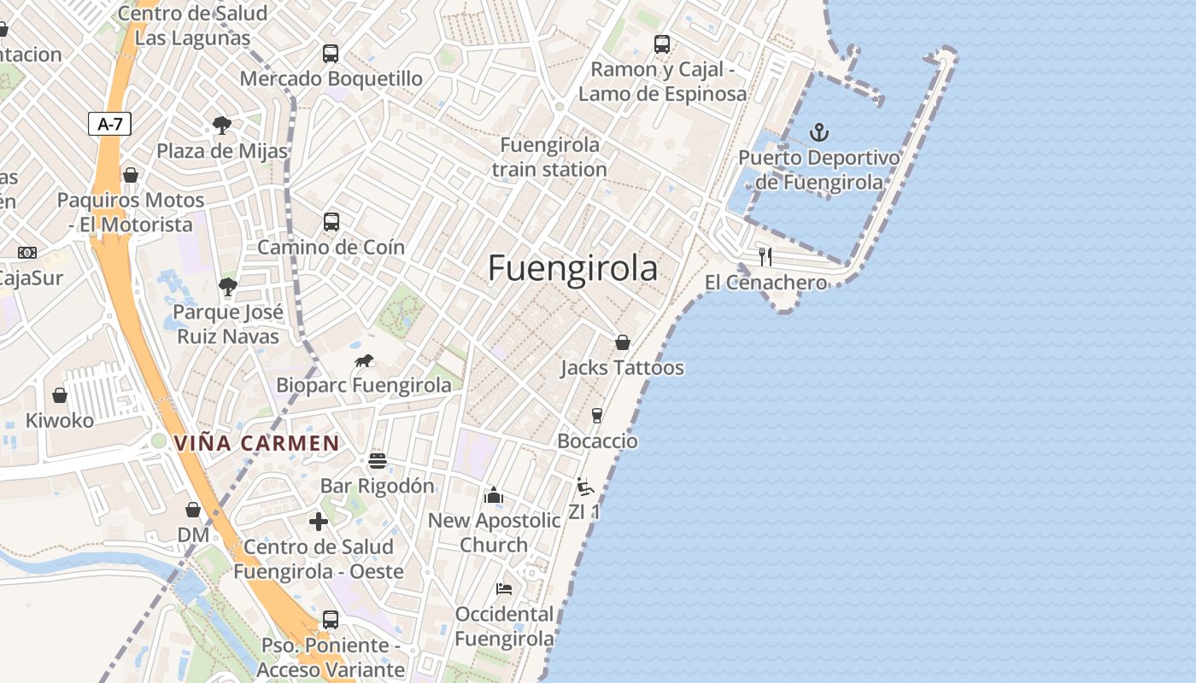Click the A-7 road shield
(110, 124)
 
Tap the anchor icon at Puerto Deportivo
(819, 132)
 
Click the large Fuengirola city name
(572, 268)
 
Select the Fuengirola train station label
(549, 157)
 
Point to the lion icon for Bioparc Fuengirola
(365, 361)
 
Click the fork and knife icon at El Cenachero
(765, 256)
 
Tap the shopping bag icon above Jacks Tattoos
(623, 342)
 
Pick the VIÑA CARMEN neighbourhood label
(256, 443)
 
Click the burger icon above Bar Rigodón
(378, 461)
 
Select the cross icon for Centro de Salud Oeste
(319, 522)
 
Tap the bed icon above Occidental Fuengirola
(504, 589)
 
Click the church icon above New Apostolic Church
(494, 495)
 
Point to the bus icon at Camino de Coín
(331, 222)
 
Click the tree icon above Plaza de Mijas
(222, 126)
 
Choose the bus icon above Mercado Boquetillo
(331, 54)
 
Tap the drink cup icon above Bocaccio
(597, 416)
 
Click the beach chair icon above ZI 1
(584, 487)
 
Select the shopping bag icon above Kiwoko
(60, 395)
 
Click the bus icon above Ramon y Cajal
(662, 44)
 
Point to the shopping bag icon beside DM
(193, 510)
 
